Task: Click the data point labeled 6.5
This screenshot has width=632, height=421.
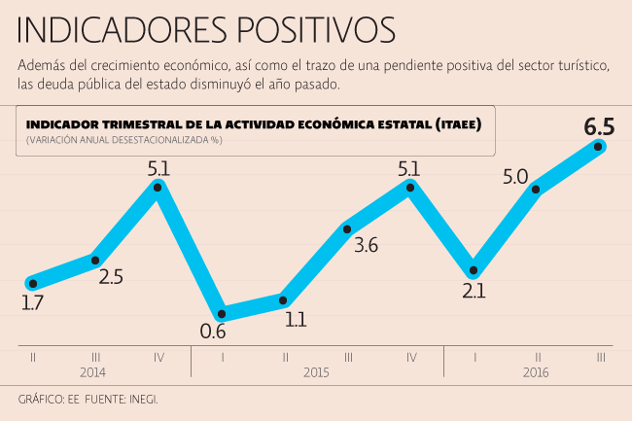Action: [600, 146]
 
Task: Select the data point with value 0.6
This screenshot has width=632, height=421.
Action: [222, 314]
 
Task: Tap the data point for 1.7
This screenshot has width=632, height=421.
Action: [33, 283]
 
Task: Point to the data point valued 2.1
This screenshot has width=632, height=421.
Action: [474, 270]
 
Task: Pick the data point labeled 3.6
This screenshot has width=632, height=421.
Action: [347, 228]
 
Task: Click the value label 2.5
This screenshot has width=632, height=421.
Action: [111, 277]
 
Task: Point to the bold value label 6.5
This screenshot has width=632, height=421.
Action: [599, 125]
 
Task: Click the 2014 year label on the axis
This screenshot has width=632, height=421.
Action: [94, 372]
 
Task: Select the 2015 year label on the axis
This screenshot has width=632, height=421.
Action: [317, 372]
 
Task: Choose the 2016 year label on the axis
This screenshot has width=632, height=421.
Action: [536, 372]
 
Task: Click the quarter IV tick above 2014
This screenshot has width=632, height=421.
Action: [158, 357]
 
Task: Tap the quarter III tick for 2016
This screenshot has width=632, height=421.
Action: [600, 357]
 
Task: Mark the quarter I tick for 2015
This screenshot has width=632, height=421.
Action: [222, 357]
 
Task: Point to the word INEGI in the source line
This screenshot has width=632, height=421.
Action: [141, 400]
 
